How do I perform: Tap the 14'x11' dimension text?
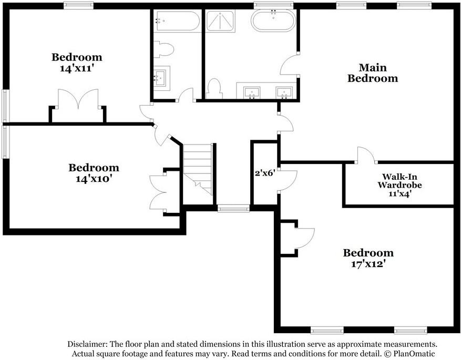pyautogui.click(x=77, y=68)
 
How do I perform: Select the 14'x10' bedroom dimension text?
pyautogui.click(x=94, y=179)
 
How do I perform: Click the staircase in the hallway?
pyautogui.click(x=199, y=168)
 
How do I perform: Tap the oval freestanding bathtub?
pyautogui.click(x=273, y=22)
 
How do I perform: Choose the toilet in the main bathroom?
pyautogui.click(x=214, y=88)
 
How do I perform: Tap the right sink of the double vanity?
pyautogui.click(x=285, y=92)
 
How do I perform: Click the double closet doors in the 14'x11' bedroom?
pyautogui.click(x=78, y=100)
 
